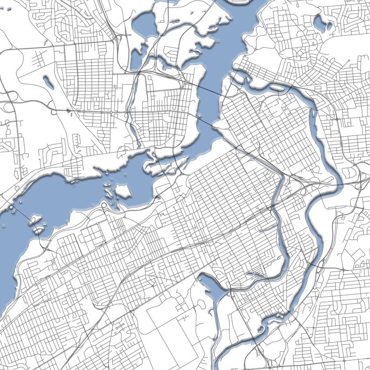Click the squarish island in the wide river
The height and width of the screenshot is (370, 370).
[x=123, y=191]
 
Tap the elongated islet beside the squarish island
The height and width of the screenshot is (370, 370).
[x=108, y=192]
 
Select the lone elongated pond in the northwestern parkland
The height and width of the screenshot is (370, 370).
[x=48, y=83]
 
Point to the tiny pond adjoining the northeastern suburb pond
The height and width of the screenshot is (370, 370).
[x=329, y=27]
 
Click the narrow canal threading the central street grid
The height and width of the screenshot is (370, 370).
[x=276, y=196]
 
